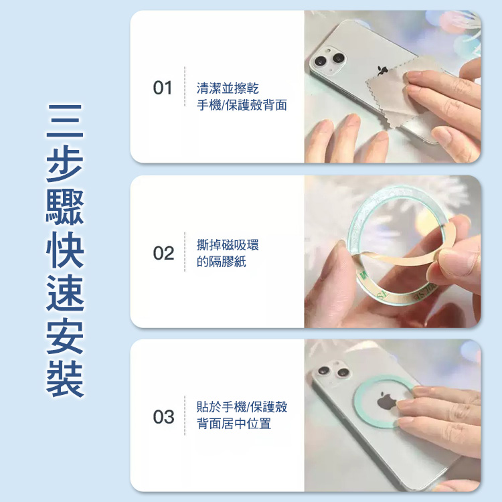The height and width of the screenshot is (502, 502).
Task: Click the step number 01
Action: [163, 88]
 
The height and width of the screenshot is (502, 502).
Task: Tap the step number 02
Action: [163, 253]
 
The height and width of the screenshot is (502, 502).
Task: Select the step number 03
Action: [163, 417]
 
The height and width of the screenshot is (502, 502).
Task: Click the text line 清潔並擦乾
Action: [228, 88]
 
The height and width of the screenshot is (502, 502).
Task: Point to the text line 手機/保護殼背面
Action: [242, 105]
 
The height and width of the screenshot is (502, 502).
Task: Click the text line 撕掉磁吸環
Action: [228, 245]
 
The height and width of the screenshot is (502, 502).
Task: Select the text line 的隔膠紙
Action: [222, 262]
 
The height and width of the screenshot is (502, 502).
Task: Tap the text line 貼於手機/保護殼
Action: [242, 406]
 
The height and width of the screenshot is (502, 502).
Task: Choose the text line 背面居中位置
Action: [234, 424]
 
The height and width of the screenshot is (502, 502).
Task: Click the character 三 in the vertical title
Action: [65, 120]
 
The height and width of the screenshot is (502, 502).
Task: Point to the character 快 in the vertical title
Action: [65, 249]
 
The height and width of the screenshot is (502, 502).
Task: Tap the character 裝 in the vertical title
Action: [65, 378]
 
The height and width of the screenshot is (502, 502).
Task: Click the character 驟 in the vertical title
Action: [65, 206]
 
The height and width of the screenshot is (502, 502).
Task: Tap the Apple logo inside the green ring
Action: [386, 400]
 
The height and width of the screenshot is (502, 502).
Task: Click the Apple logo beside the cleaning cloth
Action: [381, 71]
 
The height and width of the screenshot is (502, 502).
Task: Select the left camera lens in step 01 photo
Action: [320, 61]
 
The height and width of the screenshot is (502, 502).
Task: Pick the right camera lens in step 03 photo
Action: [343, 372]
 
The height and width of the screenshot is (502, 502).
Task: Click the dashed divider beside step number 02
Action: [185, 252]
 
